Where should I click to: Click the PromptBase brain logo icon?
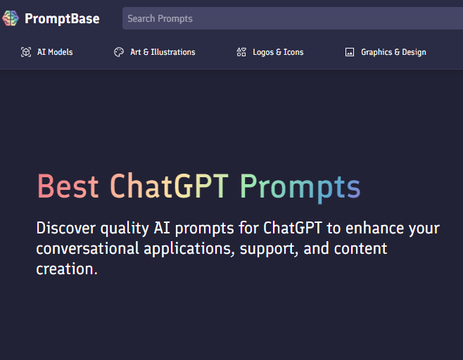click(x=11, y=18)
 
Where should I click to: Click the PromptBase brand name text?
click(x=62, y=18)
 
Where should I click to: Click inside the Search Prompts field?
click(x=292, y=18)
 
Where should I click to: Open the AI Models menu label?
click(x=55, y=52)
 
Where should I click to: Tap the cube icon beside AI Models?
click(x=26, y=52)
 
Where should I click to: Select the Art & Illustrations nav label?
click(x=163, y=52)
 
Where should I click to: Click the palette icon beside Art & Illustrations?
click(x=119, y=52)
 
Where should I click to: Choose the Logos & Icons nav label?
click(x=278, y=52)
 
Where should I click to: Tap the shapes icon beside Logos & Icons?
click(x=241, y=52)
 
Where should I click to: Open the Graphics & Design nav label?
click(x=393, y=52)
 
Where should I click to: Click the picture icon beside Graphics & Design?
click(x=350, y=52)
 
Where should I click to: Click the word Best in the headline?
click(x=68, y=186)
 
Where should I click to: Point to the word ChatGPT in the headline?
click(x=169, y=186)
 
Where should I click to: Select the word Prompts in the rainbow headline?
click(x=300, y=188)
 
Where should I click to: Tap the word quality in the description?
click(x=125, y=229)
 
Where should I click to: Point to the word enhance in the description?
click(x=374, y=228)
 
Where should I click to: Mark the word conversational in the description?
click(x=87, y=248)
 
